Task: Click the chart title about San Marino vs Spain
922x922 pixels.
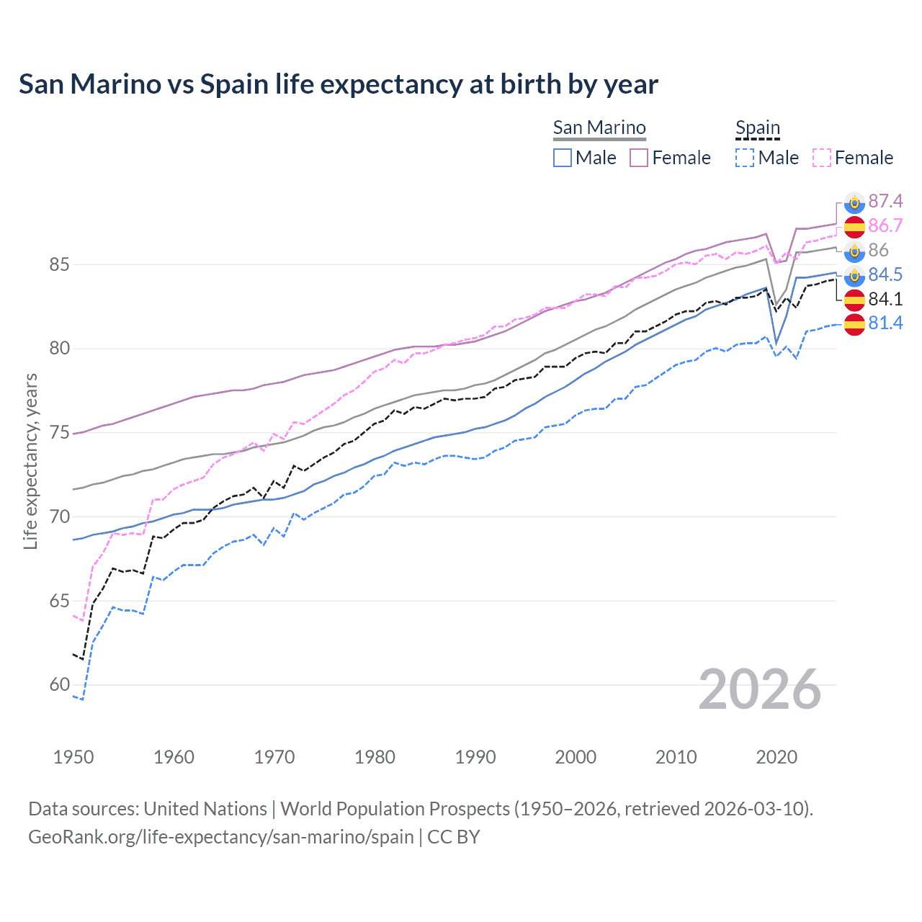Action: [338, 84]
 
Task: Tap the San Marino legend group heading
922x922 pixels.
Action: [599, 127]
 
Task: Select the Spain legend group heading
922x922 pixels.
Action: [757, 127]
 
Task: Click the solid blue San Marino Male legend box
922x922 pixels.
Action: [563, 158]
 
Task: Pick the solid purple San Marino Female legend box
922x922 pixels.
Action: [639, 158]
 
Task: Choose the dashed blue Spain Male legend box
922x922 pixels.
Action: [745, 158]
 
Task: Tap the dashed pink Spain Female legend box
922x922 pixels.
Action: [822, 158]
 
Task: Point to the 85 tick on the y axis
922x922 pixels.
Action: [59, 264]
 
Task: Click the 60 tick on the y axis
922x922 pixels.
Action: [59, 684]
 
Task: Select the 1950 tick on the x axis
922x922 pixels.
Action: [73, 757]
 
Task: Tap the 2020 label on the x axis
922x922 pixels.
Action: [776, 757]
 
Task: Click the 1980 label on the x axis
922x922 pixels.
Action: [375, 757]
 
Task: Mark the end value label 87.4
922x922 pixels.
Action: [885, 201]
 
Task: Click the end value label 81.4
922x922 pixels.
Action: [885, 323]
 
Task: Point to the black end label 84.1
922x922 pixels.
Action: [885, 299]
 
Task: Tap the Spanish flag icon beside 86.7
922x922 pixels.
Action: [854, 226]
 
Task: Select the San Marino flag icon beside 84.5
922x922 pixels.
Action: [854, 275]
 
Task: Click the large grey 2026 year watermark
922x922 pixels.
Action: [760, 689]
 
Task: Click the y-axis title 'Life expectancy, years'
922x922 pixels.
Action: [30, 461]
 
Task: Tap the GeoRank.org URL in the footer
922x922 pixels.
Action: [220, 837]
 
